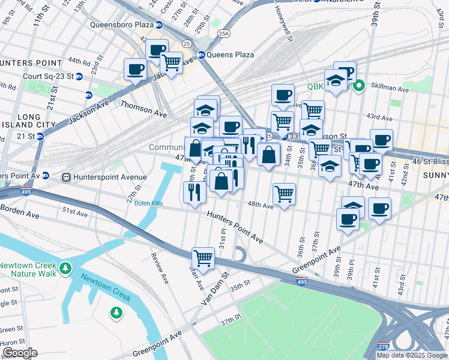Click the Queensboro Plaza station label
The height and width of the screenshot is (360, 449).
[121, 25]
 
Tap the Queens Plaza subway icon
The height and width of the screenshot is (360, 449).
[202, 55]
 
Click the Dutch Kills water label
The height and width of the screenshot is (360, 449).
[149, 203]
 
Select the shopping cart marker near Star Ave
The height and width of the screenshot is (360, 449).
[203, 258]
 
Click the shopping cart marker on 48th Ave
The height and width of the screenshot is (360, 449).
[284, 193]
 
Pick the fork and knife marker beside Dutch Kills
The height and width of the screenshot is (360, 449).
[194, 191]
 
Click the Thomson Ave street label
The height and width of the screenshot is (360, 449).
[143, 108]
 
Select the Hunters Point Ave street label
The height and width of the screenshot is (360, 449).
[235, 227]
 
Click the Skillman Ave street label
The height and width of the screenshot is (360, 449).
[391, 89]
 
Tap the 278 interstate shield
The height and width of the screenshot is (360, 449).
[383, 347]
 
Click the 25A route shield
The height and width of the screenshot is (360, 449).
[224, 34]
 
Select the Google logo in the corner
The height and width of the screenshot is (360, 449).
[20, 353]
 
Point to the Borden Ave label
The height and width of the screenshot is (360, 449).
[19, 211]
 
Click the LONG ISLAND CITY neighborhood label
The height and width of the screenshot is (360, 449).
[29, 121]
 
